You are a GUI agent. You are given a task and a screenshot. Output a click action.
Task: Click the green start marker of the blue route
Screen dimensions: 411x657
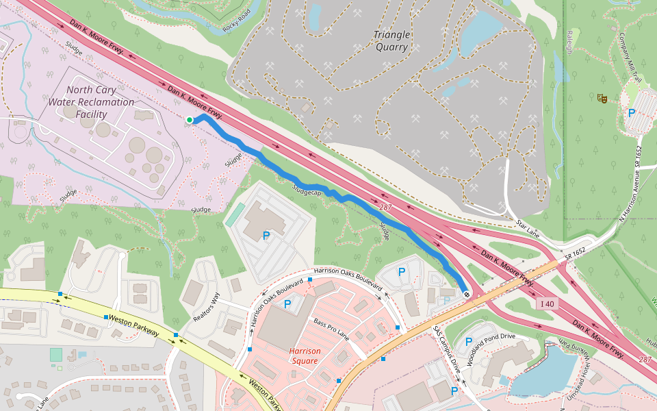coord(190,121)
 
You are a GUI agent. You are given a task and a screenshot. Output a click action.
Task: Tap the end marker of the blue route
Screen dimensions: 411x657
coord(467,294)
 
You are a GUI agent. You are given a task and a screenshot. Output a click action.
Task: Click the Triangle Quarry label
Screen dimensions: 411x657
coord(392,41)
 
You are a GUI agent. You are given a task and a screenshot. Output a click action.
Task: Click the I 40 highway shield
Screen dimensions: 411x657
coord(546,303)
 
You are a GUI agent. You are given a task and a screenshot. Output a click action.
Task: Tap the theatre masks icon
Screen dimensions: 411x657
coord(602,99)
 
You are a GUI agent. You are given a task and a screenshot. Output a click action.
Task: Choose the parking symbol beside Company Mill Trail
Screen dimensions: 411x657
coord(632,113)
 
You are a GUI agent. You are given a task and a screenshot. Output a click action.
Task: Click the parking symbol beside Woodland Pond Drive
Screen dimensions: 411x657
coord(469,342)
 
